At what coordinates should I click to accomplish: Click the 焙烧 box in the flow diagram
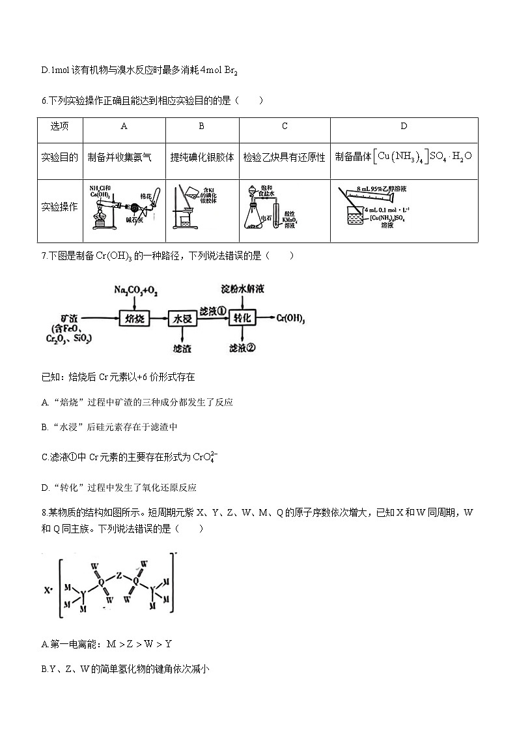point(135,318)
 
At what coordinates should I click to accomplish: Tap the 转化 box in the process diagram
point(242,318)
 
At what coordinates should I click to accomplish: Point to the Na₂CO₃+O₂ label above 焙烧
point(135,288)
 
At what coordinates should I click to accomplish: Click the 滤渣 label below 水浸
point(182,348)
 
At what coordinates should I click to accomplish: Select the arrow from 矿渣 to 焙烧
point(100,318)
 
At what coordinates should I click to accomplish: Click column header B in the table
point(202,126)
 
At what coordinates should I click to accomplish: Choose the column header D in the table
point(404,126)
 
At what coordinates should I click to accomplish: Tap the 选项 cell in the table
point(59,126)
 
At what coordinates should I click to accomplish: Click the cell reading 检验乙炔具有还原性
point(285,157)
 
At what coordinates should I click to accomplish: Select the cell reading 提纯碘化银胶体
point(202,157)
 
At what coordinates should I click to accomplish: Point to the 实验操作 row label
point(59,207)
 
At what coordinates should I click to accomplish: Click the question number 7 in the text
point(43,256)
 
